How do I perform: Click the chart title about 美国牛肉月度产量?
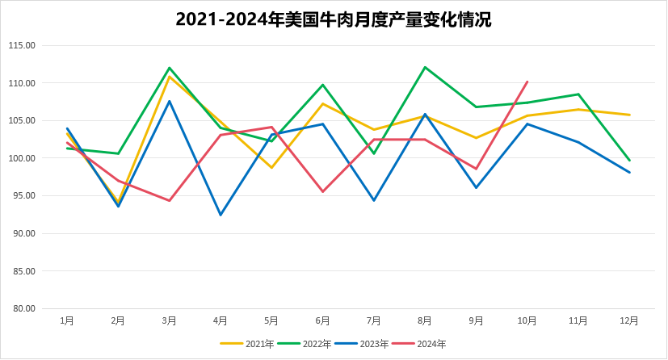[334, 19]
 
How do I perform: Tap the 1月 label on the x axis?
[67, 320]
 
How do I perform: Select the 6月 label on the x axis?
[323, 320]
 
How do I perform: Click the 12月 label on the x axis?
[629, 320]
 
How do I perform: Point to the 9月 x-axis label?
[477, 320]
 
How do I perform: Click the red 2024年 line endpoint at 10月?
[527, 82]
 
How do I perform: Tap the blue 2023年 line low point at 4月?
[221, 215]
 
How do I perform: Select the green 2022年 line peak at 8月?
[425, 67]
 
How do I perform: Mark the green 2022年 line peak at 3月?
[170, 68]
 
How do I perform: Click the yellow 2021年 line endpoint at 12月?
[629, 115]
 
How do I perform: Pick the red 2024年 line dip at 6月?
[323, 191]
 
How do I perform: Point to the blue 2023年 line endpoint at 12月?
[629, 172]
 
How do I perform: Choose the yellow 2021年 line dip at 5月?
[272, 167]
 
